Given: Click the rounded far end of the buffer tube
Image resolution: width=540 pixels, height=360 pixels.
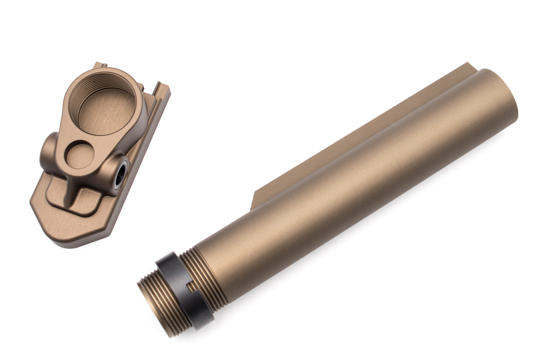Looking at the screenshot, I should pos(502,97).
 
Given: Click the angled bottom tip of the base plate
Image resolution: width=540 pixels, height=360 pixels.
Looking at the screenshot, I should pos(63,241).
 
